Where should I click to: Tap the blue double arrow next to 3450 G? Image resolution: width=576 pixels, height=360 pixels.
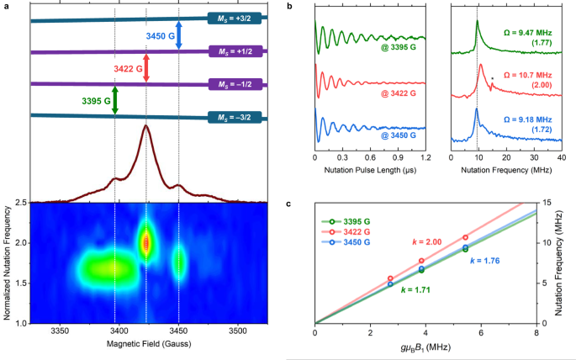(179, 39)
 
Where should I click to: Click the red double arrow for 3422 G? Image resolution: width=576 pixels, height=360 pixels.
(146, 67)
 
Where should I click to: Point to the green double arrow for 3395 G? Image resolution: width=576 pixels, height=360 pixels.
(115, 99)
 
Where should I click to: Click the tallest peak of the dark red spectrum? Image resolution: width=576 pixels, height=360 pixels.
(145, 127)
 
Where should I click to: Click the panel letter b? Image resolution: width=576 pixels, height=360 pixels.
(290, 6)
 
